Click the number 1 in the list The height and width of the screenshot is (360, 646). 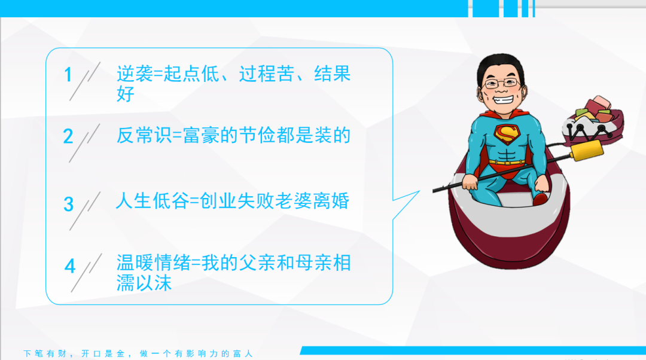pos(68,75)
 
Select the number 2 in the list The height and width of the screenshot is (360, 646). pos(68,136)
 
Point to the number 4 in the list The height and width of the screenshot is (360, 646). pos(70,266)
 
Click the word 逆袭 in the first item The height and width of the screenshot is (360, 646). pos(135,74)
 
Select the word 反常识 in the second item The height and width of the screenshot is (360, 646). pos(144,135)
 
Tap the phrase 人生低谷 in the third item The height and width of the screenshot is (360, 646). pos(153,201)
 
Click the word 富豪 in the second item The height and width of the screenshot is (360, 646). pos(201,135)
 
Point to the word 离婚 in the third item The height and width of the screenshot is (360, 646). pos(331,201)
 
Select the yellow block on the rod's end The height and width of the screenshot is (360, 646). pos(586,150)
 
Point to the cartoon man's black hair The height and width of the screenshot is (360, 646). pos(500,66)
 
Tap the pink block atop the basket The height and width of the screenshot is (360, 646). pos(598,103)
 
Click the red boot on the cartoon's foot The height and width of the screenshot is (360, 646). pos(540,199)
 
